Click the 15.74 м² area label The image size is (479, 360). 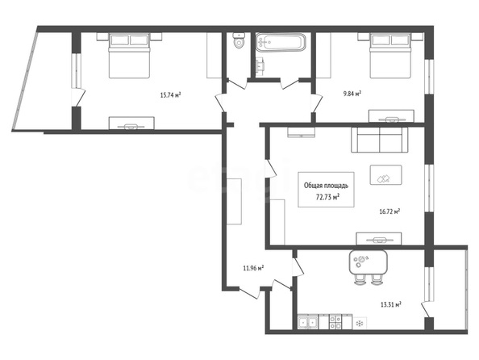170,94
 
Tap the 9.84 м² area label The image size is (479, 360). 352,94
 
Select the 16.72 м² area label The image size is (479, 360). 389,211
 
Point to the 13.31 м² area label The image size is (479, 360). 391,304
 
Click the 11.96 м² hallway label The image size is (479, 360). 253,268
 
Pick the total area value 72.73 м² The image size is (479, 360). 327,197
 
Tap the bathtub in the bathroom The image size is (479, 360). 281,42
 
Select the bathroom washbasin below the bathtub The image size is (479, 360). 260,65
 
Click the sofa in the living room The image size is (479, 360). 380,140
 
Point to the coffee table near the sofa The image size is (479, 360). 385,174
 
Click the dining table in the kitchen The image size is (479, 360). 368,262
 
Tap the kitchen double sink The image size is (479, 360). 308,322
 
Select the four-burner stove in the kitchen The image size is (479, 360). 335,322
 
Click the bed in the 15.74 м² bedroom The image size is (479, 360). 129,56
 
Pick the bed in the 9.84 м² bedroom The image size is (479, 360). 390,56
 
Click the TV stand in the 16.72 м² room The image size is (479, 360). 379,239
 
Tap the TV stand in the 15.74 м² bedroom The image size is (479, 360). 131,123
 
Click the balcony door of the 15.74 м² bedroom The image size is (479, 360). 78,97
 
